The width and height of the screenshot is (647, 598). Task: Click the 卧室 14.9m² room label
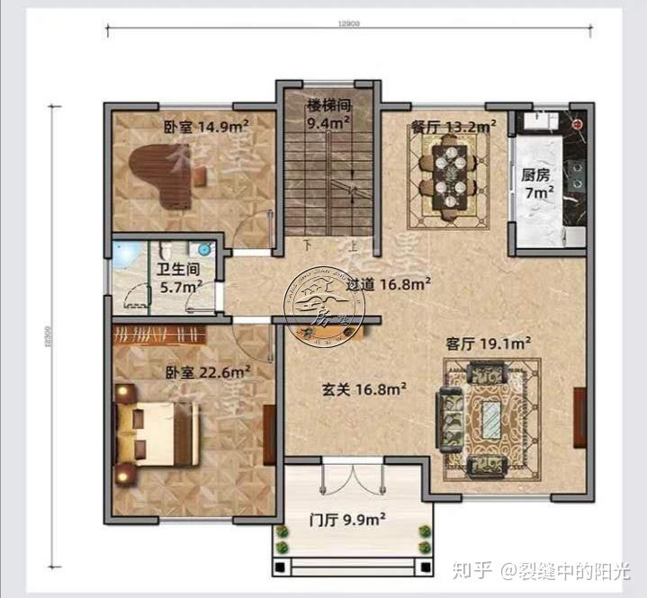pyautogui.click(x=206, y=126)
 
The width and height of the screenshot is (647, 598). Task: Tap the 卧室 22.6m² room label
pyautogui.click(x=206, y=370)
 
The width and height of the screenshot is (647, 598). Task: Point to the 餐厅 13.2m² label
pyautogui.click(x=451, y=127)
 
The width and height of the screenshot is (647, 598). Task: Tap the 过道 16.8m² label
pyautogui.click(x=389, y=284)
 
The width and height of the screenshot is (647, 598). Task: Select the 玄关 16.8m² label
pyautogui.click(x=364, y=390)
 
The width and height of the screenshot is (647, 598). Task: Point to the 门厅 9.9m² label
pyautogui.click(x=346, y=519)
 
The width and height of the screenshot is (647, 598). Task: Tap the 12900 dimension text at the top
pyautogui.click(x=351, y=24)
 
